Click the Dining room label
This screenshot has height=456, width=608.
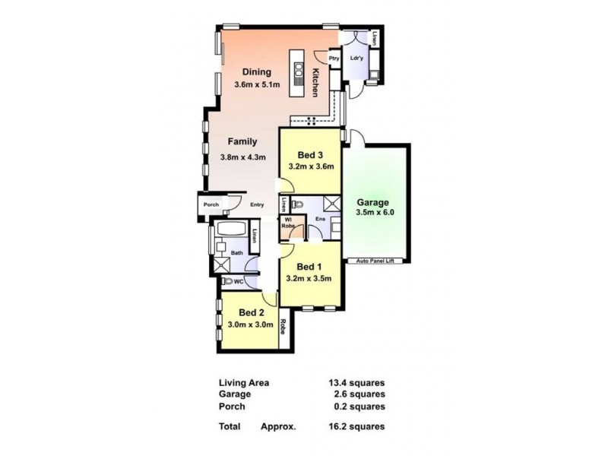(257, 72)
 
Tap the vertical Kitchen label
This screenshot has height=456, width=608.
(315, 82)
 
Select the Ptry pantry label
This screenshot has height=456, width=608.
(333, 59)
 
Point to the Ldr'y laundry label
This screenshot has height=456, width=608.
(355, 59)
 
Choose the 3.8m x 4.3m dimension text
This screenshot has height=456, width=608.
(243, 157)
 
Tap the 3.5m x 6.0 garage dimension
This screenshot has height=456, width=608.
(375, 214)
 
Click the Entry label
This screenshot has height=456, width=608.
(257, 204)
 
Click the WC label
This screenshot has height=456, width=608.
(238, 281)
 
